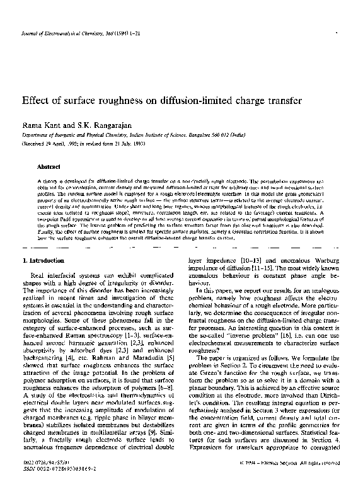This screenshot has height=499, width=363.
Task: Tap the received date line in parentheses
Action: pos(81,144)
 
